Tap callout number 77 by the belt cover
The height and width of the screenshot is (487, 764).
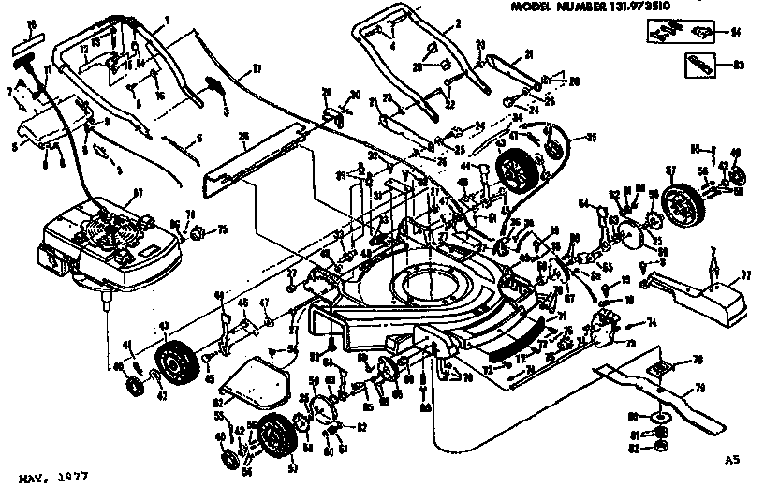(x=746, y=276)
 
